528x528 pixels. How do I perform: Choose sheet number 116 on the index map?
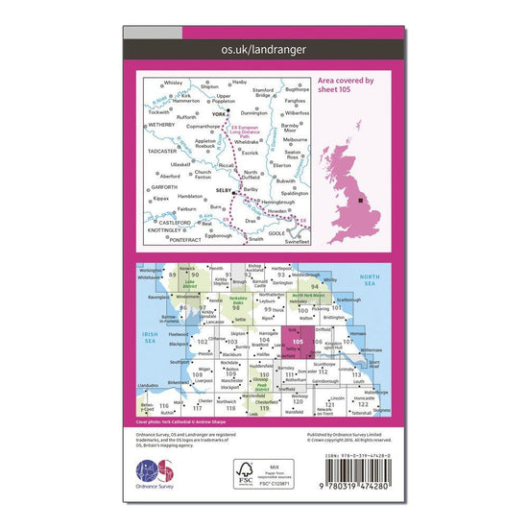[x=167, y=406]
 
